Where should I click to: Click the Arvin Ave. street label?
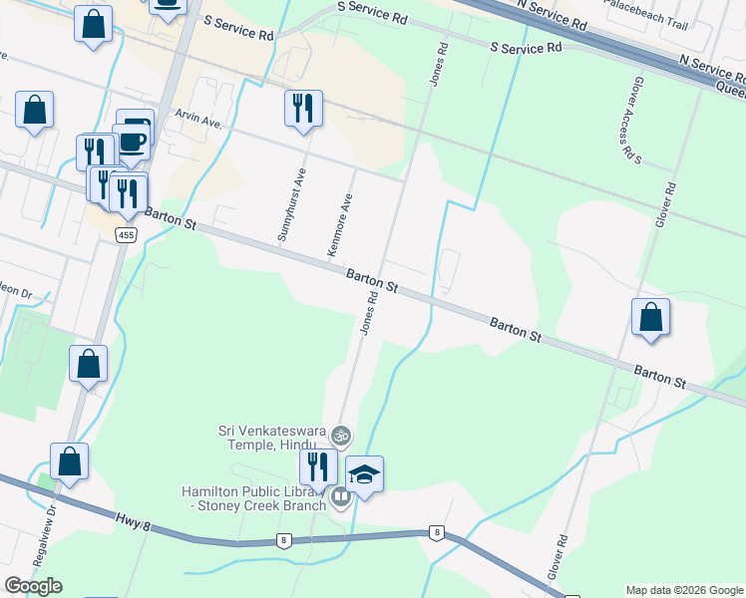[x=197, y=119]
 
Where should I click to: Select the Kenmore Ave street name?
[x=341, y=225]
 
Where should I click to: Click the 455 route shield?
[x=126, y=235]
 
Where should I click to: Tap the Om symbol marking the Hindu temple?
[x=341, y=435]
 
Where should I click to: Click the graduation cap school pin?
[x=364, y=474]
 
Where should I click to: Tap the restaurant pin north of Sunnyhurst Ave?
[x=304, y=108]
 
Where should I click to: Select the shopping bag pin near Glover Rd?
[x=650, y=318]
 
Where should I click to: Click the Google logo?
[x=33, y=586]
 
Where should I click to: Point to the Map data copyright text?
[x=683, y=590]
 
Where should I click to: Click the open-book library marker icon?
[x=341, y=496]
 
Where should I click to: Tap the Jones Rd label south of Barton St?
[x=369, y=313]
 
